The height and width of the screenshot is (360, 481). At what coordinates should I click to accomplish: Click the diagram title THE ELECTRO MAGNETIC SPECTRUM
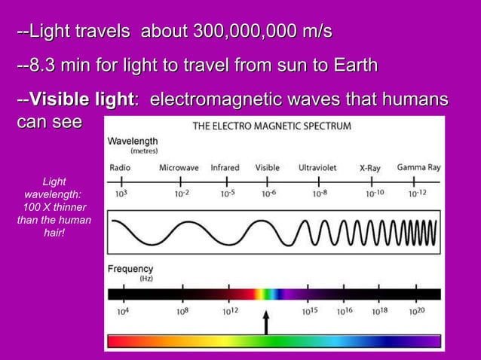coord(271,127)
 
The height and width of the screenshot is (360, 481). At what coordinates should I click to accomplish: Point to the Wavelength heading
coord(133,141)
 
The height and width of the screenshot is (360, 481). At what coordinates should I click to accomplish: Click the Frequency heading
coord(130,269)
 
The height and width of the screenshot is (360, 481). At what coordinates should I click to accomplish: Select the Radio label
coord(121,167)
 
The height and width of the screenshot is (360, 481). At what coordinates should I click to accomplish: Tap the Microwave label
coord(179,167)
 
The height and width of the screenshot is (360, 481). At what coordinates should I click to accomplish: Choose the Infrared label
coord(225,167)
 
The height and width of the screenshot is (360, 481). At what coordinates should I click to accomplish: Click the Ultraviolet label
coord(317,167)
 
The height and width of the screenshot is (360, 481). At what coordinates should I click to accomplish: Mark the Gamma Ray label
coord(418,167)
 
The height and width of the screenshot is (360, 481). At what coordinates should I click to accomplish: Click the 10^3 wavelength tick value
coord(119,193)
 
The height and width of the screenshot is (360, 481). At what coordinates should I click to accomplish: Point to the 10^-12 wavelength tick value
coord(418,193)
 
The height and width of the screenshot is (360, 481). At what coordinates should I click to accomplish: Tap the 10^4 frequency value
coord(121,310)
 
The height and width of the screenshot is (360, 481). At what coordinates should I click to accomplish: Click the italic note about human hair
coord(54,207)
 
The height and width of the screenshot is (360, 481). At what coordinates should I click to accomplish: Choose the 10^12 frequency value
coord(231,310)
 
